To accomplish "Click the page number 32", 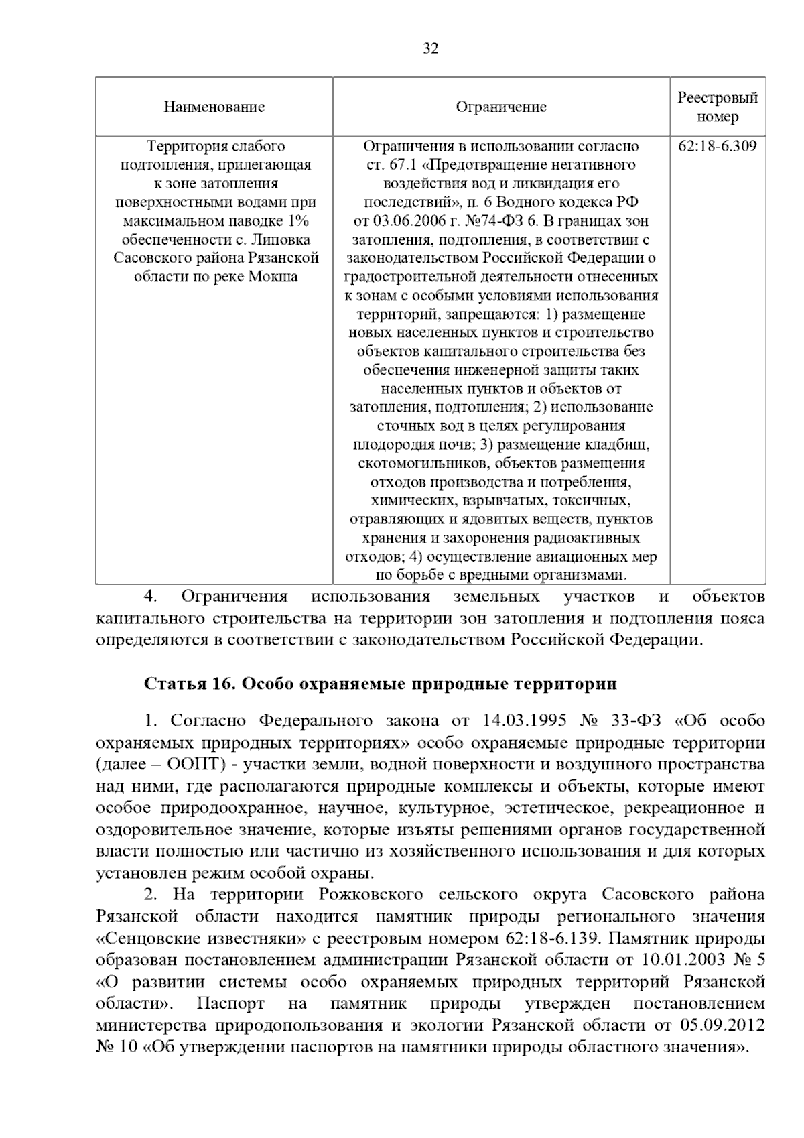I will (431, 48).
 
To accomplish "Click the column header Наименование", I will (214, 107).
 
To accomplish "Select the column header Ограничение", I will (501, 107).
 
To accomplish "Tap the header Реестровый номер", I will (718, 107).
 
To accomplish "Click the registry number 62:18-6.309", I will (718, 146).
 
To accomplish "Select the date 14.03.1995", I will (521, 721).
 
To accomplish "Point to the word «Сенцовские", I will (149, 938).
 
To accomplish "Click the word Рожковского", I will (371, 895).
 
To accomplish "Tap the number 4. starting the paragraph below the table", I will (151, 596).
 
